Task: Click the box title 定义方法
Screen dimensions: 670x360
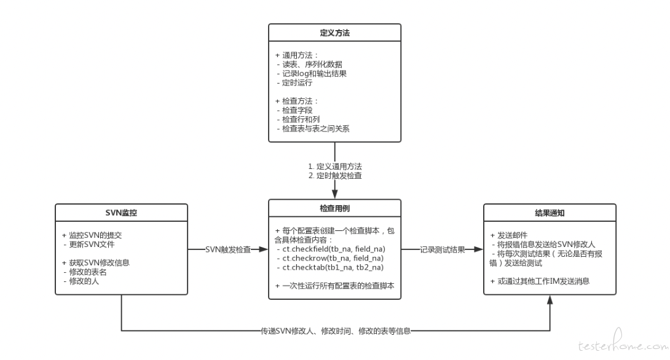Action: (334, 33)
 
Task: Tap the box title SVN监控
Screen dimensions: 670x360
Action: (121, 213)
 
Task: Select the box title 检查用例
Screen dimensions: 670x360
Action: (334, 208)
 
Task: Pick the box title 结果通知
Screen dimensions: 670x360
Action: (550, 213)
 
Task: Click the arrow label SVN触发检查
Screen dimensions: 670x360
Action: (228, 249)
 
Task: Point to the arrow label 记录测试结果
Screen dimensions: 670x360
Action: (442, 249)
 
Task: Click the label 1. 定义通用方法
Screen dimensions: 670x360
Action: (335, 166)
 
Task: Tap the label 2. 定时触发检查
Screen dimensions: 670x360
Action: (335, 176)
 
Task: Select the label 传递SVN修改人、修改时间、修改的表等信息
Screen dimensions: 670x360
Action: (336, 331)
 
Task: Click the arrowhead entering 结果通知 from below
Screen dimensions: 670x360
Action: (550, 300)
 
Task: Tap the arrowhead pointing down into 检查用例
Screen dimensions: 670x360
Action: (334, 194)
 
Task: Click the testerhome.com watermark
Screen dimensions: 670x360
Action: (623, 342)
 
